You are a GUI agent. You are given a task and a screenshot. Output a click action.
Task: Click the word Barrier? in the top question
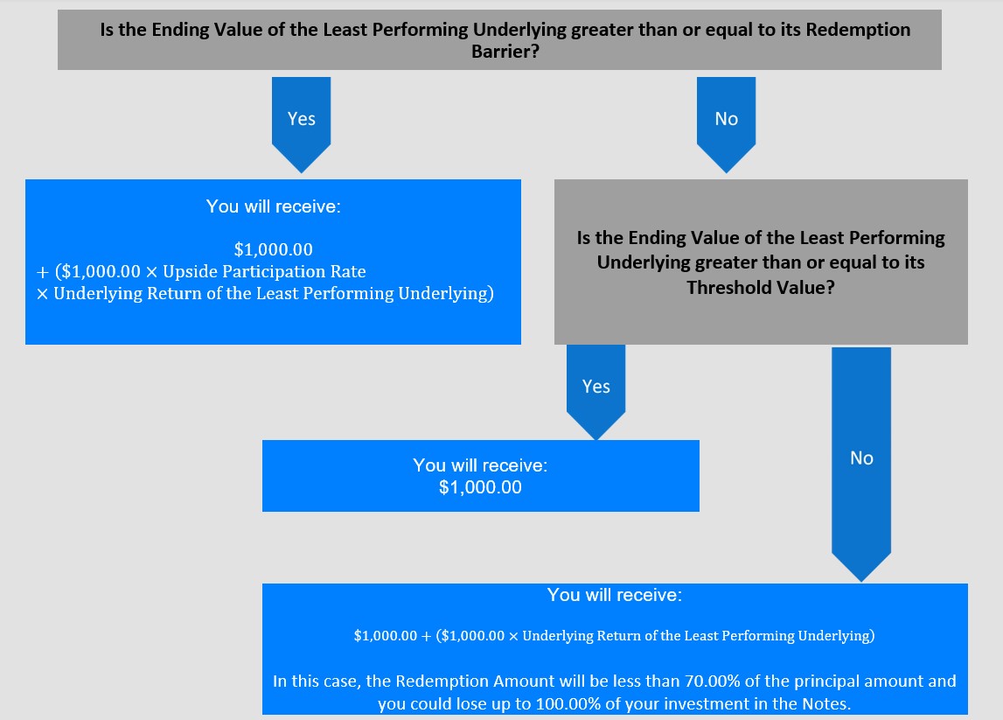(505, 52)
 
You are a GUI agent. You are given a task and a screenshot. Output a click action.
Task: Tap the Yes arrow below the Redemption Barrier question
(302, 125)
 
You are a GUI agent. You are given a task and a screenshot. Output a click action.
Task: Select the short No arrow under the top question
(726, 125)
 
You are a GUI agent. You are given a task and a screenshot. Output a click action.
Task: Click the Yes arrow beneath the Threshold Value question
(596, 392)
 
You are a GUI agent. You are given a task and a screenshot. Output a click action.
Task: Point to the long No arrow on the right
(861, 465)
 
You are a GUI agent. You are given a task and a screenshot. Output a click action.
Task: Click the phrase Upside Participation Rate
(264, 271)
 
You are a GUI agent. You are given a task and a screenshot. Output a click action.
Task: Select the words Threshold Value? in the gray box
(761, 287)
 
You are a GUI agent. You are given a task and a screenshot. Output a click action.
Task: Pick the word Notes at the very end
(825, 704)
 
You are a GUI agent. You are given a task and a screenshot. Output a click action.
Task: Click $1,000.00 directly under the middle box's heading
(480, 487)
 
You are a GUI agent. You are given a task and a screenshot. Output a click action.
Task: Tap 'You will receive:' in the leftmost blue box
(273, 206)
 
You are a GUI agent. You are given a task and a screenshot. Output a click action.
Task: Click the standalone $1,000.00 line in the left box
(273, 249)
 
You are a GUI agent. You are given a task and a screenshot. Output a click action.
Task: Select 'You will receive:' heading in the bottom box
(614, 595)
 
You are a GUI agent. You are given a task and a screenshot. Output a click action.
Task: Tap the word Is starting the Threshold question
(583, 238)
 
